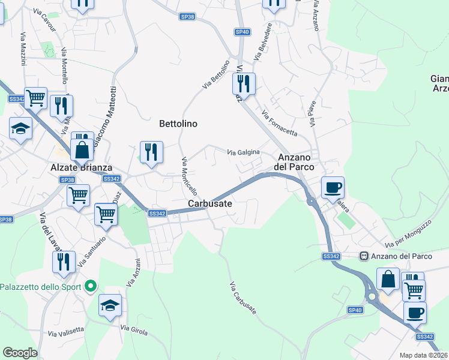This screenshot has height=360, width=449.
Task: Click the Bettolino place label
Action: coord(178,124)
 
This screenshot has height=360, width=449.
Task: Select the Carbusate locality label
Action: coord(210,204)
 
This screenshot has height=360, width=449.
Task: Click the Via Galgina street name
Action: coord(243,152)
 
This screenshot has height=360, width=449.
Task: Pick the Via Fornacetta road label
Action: coord(279,122)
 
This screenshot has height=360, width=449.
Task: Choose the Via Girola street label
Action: coord(134,329)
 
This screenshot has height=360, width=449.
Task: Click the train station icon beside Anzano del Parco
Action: coord(364,256)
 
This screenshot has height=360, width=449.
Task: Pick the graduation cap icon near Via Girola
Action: coord(110,305)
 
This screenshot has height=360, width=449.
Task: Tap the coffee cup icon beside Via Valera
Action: coord(333,187)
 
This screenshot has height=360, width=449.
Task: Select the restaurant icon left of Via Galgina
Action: coord(151,152)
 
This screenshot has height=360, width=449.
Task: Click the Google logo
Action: coord(20,353)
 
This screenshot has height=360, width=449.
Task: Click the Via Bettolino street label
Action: coord(216,75)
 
